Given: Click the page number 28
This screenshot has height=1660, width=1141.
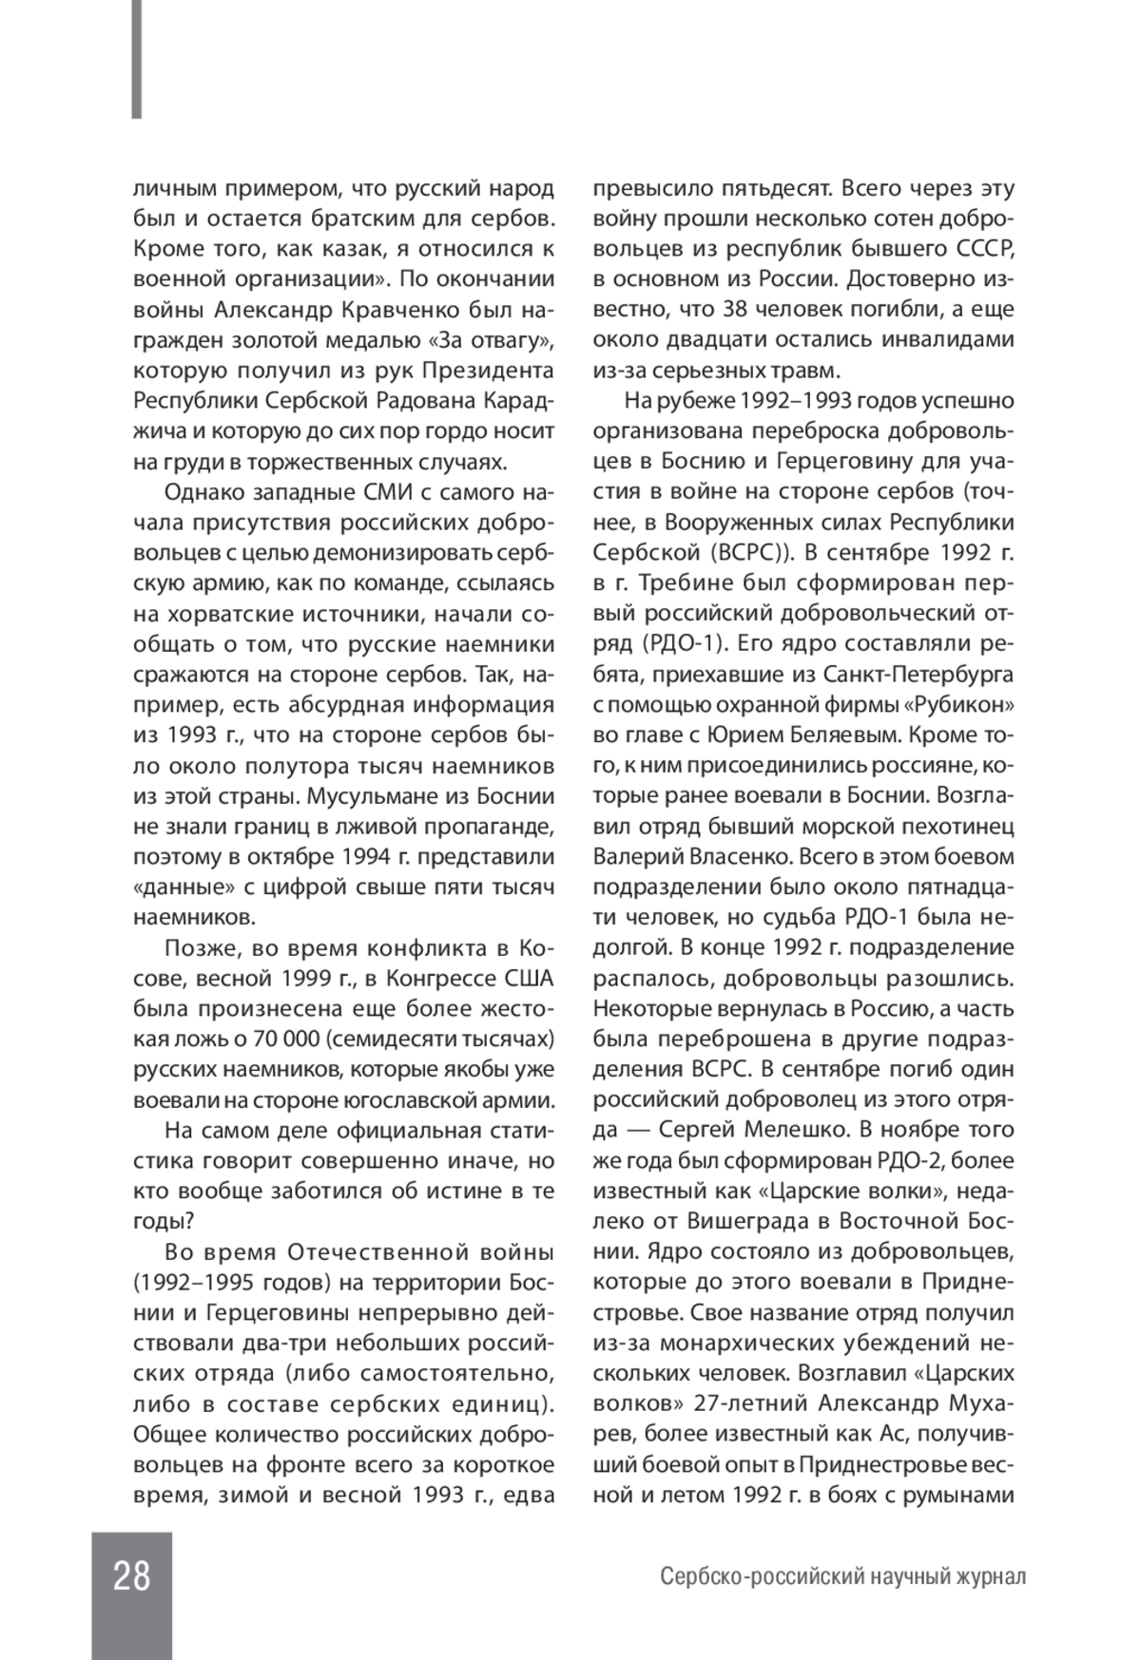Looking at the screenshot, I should (x=132, y=1576).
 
